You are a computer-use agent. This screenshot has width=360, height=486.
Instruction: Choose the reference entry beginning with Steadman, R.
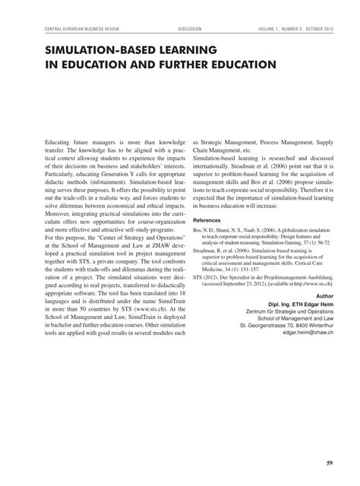click(x=264, y=255)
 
